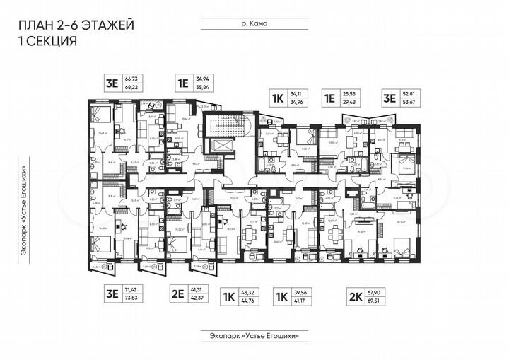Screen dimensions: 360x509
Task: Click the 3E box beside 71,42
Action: tap(111, 294)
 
